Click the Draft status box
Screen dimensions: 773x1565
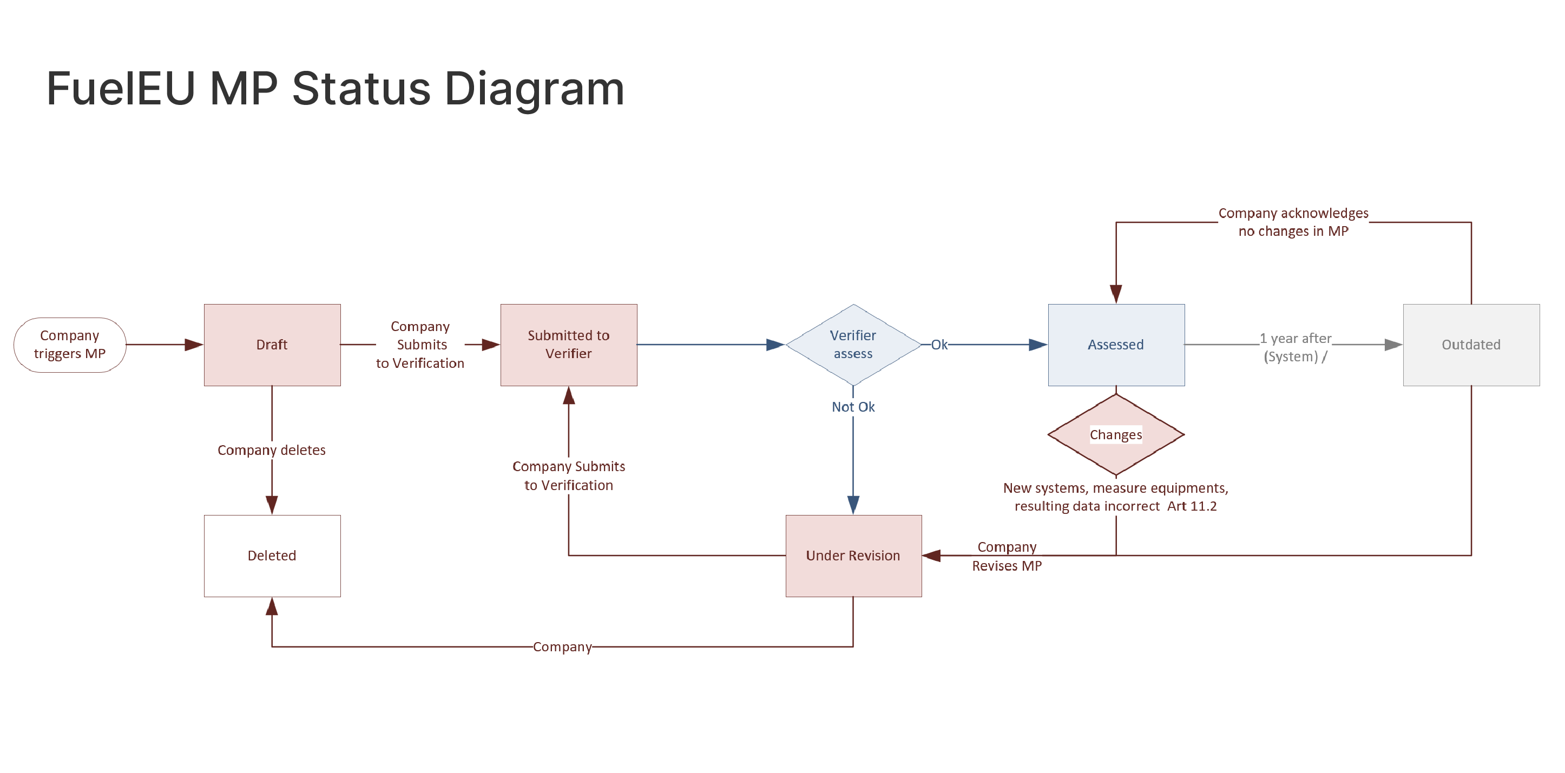(x=272, y=344)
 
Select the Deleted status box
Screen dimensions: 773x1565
(x=272, y=555)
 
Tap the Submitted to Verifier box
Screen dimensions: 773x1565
(x=568, y=344)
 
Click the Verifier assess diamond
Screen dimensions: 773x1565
(x=852, y=344)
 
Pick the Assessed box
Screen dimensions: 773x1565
(x=1115, y=344)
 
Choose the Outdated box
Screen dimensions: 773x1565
(x=1470, y=344)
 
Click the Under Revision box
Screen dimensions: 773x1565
(x=852, y=555)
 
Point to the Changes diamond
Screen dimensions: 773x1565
(x=1115, y=435)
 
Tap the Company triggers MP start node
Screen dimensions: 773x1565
(x=69, y=344)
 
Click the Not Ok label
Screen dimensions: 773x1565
(x=852, y=407)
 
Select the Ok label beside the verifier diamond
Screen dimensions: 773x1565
(x=939, y=344)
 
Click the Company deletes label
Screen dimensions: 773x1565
(x=271, y=450)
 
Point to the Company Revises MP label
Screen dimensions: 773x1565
(x=1007, y=556)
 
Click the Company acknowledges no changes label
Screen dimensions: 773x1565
(x=1293, y=222)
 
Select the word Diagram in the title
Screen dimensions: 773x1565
(x=534, y=89)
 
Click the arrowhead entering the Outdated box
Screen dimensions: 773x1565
(x=1392, y=344)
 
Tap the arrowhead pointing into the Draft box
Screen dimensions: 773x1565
(x=194, y=344)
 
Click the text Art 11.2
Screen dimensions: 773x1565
(x=1192, y=506)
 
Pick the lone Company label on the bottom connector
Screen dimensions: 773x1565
(x=562, y=647)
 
